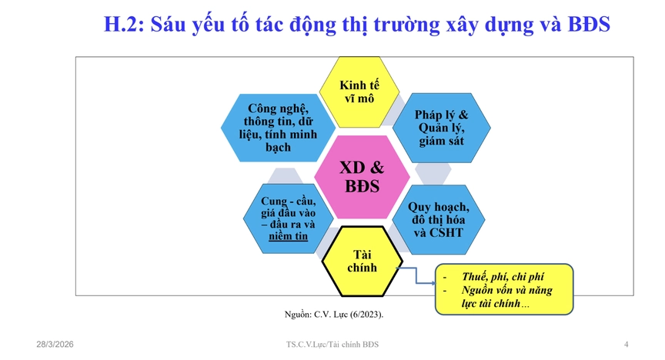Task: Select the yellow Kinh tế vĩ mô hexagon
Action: [359, 92]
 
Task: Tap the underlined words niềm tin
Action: [288, 236]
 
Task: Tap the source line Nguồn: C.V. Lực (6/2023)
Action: [333, 315]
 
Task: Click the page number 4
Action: [626, 344]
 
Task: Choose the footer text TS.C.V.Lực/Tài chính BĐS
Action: [332, 344]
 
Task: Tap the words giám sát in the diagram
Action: [441, 142]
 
